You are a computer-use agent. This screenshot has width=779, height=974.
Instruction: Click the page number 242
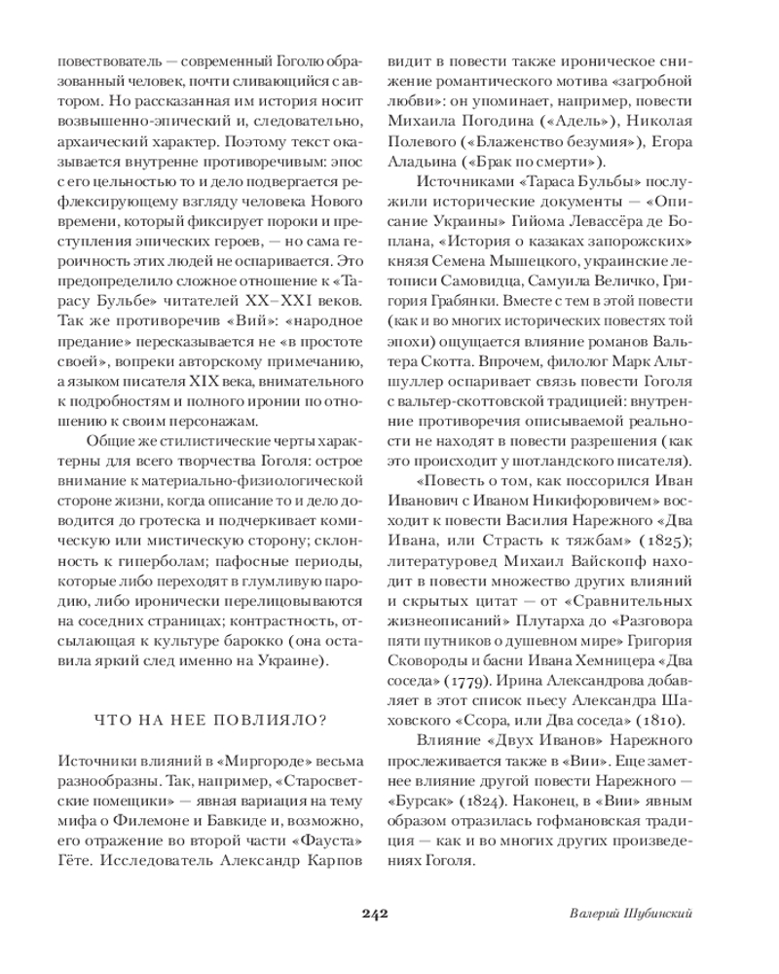pyautogui.click(x=375, y=914)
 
